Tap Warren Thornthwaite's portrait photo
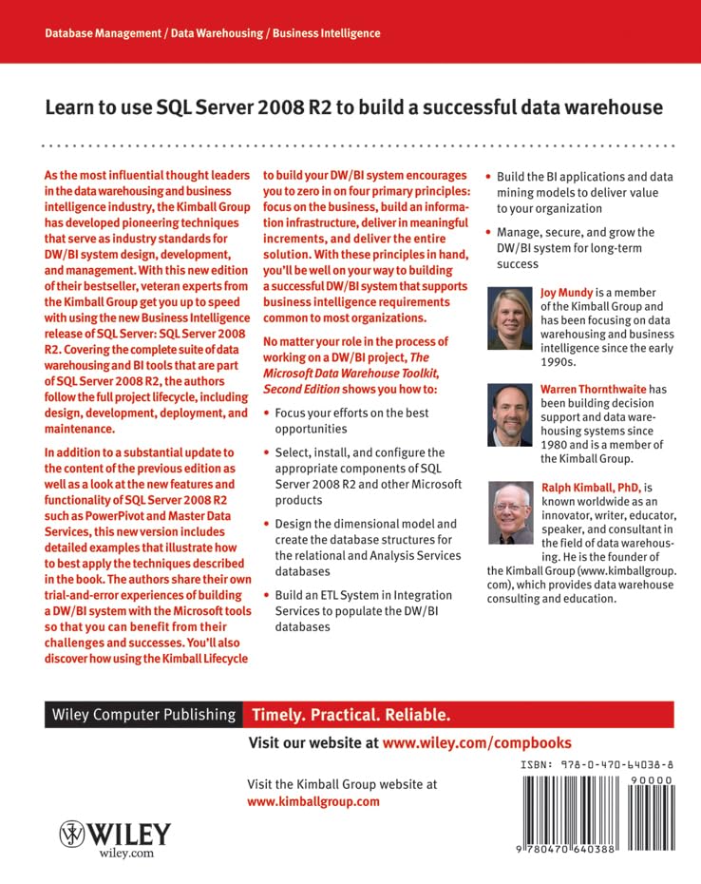point(511,415)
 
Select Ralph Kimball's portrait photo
point(511,513)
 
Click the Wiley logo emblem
point(73,835)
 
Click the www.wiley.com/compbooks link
point(477,742)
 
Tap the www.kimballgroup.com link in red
point(313,801)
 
